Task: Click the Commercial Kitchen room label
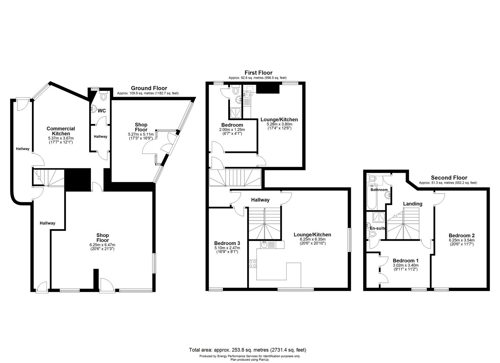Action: (61, 131)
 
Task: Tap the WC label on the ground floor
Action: (102, 111)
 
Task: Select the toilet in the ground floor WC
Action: (103, 96)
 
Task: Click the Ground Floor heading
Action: (149, 88)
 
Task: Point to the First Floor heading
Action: (258, 73)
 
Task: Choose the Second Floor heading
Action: (449, 177)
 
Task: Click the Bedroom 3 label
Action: (227, 243)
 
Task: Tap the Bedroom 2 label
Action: (461, 235)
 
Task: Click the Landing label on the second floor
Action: (412, 204)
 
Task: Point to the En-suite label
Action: (377, 228)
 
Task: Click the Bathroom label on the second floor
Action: (379, 190)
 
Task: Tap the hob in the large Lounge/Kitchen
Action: (253, 264)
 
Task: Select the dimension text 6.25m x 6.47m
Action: (102, 245)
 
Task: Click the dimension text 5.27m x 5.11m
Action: (141, 134)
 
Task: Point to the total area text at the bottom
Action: (247, 350)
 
